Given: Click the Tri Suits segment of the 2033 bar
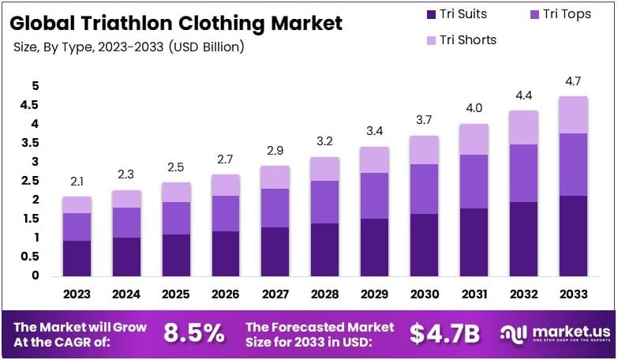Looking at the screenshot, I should pyautogui.click(x=573, y=236).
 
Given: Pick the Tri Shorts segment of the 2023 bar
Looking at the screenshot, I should pyautogui.click(x=77, y=204).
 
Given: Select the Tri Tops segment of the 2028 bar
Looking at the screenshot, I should pyautogui.click(x=325, y=202).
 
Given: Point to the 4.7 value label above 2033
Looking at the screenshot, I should pyautogui.click(x=573, y=81).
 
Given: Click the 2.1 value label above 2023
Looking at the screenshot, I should pyautogui.click(x=77, y=181).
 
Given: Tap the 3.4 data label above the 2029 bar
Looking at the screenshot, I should pyautogui.click(x=375, y=131).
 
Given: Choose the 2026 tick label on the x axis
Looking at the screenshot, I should pyautogui.click(x=226, y=294).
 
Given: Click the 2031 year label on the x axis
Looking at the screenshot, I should pyautogui.click(x=474, y=294).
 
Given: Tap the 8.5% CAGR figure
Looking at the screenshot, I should pyautogui.click(x=194, y=333).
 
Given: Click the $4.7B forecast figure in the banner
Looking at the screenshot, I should pyautogui.click(x=444, y=333).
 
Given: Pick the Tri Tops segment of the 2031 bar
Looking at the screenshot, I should pyautogui.click(x=474, y=182).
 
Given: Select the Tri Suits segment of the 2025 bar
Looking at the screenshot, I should pyautogui.click(x=176, y=255).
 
